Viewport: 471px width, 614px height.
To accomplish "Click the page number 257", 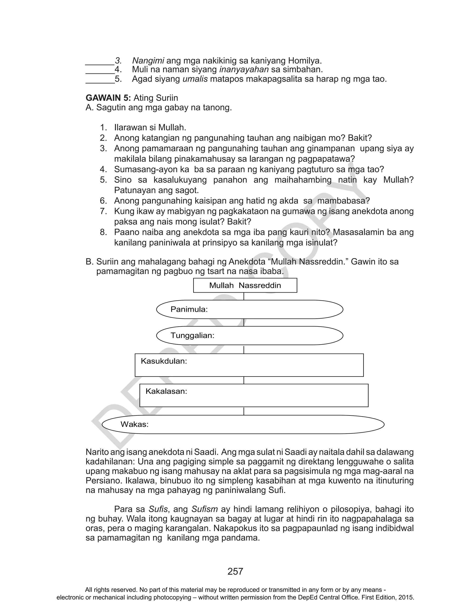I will tap(235, 571).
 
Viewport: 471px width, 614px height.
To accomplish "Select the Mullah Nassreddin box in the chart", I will tap(245, 285).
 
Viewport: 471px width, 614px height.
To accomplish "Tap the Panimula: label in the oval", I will tap(189, 309).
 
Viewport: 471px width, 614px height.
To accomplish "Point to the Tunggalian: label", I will tap(192, 336).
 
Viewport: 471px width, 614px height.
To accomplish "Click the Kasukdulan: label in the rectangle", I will tap(164, 361).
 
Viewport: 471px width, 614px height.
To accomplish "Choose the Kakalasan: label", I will tap(166, 391).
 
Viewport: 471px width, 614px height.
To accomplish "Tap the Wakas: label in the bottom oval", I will tap(134, 424).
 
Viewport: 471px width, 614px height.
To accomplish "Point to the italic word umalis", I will tap(195, 79).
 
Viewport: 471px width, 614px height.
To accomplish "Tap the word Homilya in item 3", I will tap(304, 61).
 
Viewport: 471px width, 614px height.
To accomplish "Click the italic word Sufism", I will tap(205, 509).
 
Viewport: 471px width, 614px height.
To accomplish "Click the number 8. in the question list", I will tap(103, 232).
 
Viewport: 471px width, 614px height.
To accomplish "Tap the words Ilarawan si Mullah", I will tap(150, 128).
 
